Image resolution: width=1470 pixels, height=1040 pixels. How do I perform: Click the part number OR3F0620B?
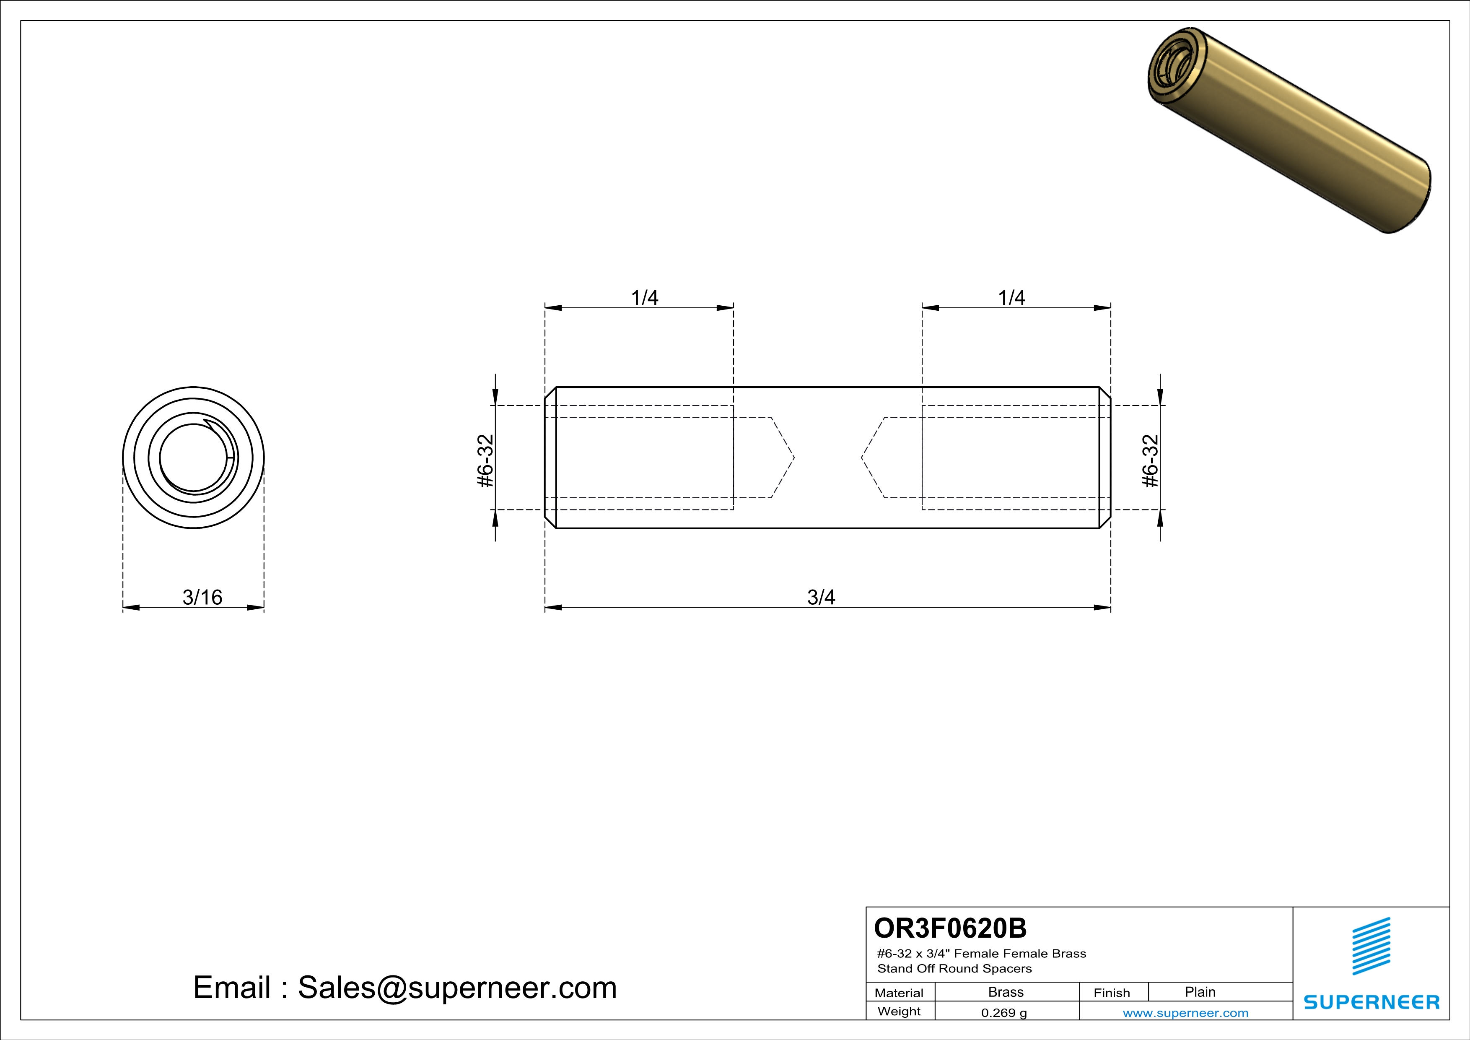click(950, 928)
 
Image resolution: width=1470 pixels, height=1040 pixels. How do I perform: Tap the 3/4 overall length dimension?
click(821, 597)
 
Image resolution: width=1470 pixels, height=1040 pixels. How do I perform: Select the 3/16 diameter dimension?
click(202, 597)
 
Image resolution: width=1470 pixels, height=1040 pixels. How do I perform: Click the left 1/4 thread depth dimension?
click(644, 297)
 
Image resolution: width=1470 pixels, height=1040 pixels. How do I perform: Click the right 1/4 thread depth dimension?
click(1011, 297)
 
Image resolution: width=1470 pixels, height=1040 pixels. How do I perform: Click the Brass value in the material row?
click(1006, 992)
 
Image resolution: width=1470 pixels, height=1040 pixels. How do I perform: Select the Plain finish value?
click(1200, 992)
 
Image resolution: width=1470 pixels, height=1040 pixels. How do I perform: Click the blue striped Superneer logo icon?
click(1371, 946)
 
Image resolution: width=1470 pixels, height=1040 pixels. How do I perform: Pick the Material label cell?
click(899, 993)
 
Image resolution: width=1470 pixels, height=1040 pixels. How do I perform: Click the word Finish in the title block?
click(1112, 993)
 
